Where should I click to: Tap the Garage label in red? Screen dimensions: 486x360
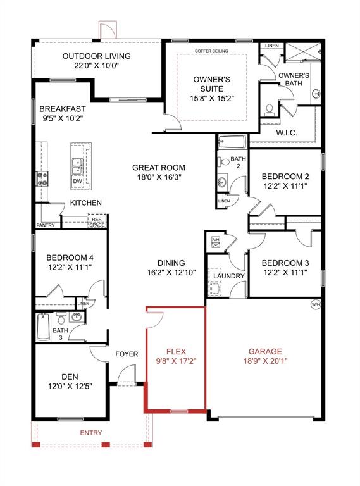(265, 351)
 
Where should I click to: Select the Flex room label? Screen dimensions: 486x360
(175, 351)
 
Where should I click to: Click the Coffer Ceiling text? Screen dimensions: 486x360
(211, 49)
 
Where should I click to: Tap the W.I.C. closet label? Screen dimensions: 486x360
(287, 133)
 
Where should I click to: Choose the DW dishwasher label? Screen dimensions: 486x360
(77, 182)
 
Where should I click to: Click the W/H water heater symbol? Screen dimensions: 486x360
(315, 305)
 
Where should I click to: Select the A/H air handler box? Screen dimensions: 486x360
(215, 240)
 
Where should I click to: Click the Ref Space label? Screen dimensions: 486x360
(97, 222)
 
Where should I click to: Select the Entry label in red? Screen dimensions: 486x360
(91, 433)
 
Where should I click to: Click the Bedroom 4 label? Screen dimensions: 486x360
(70, 258)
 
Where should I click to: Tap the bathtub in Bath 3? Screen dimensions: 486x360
(42, 328)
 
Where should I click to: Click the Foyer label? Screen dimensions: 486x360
(127, 354)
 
